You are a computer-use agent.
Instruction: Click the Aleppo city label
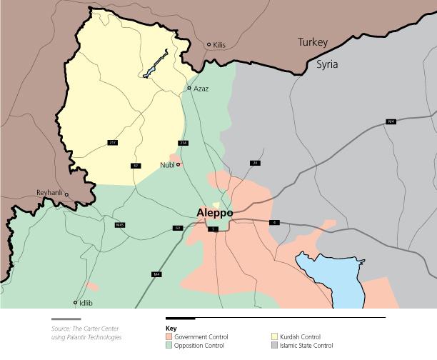(214, 213)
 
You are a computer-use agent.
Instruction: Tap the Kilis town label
(219, 45)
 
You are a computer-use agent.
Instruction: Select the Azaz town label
(201, 89)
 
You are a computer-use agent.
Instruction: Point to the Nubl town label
(168, 165)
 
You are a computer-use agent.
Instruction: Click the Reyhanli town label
(49, 193)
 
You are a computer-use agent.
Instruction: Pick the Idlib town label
(86, 303)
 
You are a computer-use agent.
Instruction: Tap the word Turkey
(313, 43)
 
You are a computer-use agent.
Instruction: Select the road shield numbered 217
(112, 143)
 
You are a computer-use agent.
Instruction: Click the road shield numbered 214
(183, 143)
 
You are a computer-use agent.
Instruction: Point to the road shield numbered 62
(136, 165)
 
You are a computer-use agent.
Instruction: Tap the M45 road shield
(120, 225)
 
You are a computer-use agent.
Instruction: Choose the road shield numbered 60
(177, 228)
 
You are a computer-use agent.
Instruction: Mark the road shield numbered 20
(254, 163)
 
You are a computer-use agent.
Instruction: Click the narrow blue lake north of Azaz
(156, 64)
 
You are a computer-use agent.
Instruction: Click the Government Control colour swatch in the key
(169, 336)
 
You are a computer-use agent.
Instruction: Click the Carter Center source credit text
(86, 333)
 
